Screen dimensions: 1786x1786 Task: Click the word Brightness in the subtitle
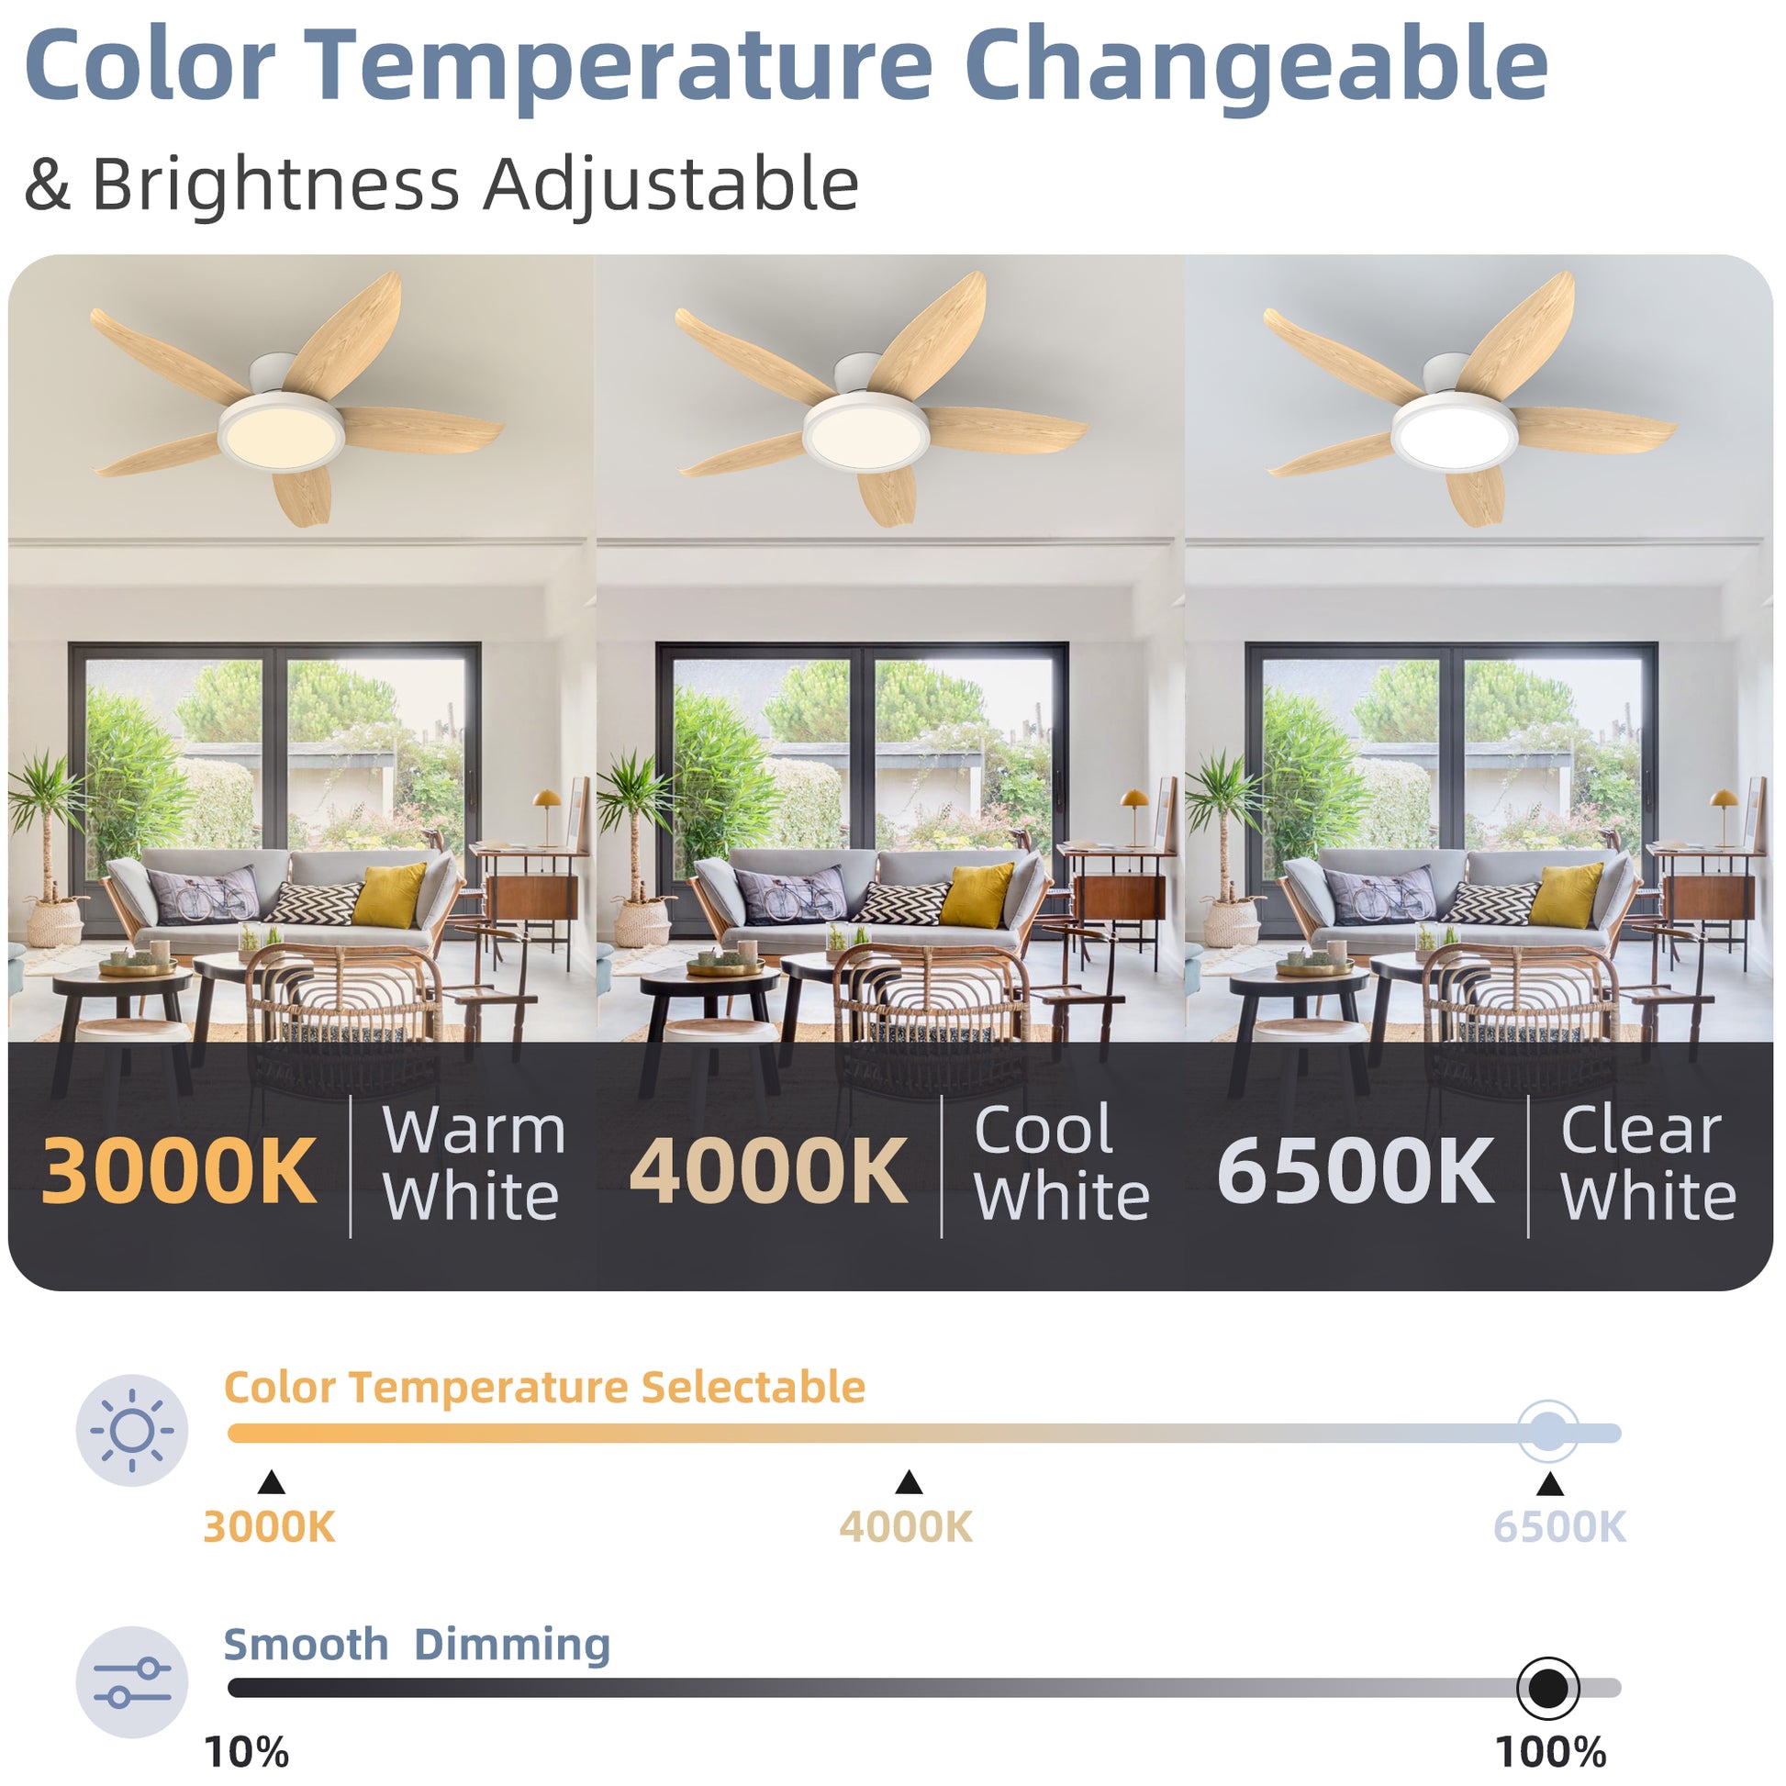[x=275, y=184]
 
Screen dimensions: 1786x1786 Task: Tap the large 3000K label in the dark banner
[x=179, y=1171]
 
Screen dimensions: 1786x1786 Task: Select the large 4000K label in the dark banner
[x=768, y=1171]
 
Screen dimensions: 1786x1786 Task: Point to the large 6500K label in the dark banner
[x=1356, y=1171]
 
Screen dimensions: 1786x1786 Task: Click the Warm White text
[x=474, y=1163]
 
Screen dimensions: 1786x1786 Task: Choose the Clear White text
[x=1648, y=1163]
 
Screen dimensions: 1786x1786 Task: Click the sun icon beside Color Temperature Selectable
[x=132, y=1430]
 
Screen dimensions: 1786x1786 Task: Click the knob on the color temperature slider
[x=1548, y=1432]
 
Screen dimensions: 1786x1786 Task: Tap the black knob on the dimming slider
[x=1548, y=1688]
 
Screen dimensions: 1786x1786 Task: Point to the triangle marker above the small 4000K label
[x=909, y=1483]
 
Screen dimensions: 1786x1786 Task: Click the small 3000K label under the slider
[x=269, y=1527]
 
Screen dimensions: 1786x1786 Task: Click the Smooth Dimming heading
[x=417, y=1645]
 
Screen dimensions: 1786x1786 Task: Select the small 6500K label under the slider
[x=1559, y=1527]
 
